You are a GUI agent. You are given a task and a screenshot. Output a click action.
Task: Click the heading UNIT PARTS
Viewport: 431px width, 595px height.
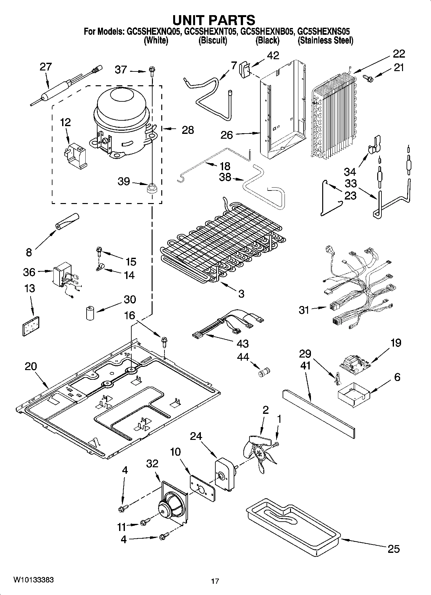pyautogui.click(x=214, y=20)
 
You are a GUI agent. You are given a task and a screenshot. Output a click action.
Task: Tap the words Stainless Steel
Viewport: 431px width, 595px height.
pyautogui.click(x=325, y=41)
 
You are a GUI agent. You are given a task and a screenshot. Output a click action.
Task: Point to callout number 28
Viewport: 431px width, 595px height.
pyautogui.click(x=188, y=130)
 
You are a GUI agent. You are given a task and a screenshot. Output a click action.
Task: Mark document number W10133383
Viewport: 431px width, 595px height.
pyautogui.click(x=33, y=580)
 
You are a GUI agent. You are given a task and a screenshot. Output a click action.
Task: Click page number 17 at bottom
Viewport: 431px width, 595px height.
pyautogui.click(x=215, y=581)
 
